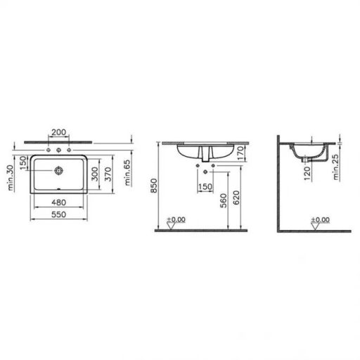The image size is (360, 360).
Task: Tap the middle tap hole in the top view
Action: tap(58, 150)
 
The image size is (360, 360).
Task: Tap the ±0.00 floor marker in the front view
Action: tap(176, 220)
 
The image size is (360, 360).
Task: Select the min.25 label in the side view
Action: tap(338, 167)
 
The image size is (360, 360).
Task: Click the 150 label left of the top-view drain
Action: tap(22, 163)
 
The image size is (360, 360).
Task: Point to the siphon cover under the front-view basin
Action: tap(206, 155)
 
